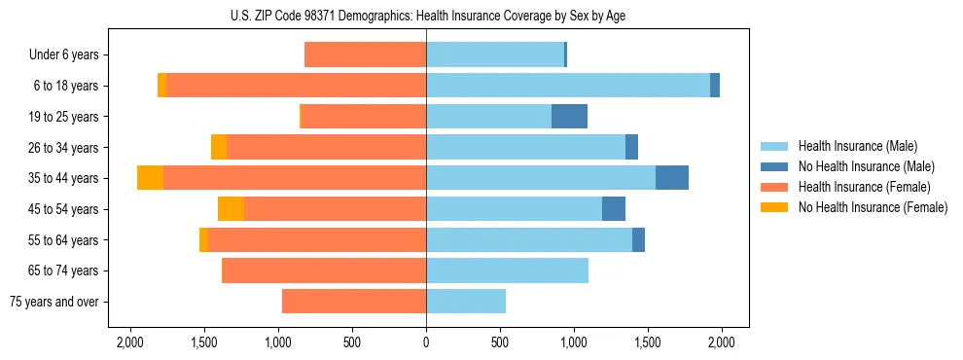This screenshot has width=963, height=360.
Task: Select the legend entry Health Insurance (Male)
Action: point(856,146)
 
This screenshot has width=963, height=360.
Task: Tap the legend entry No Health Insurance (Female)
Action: point(872,207)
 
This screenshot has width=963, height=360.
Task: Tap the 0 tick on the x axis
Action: point(426,342)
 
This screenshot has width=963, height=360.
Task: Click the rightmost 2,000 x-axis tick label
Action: point(721,342)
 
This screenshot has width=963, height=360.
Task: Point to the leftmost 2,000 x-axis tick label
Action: point(131,342)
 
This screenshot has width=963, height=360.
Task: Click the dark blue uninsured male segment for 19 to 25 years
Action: point(569,116)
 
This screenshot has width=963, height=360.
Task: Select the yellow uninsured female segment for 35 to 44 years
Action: point(150,178)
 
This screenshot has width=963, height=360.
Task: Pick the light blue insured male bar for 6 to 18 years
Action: point(568,86)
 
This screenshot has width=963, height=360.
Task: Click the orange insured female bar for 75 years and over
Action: point(354,302)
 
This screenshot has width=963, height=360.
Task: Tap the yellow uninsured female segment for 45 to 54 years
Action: point(231,209)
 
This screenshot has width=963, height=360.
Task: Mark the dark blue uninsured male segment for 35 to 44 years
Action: point(672,178)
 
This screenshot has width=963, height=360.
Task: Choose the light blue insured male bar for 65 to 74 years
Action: point(507,270)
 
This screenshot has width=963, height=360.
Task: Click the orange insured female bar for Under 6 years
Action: point(365,55)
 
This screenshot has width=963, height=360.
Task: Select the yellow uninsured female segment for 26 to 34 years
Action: point(219,147)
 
